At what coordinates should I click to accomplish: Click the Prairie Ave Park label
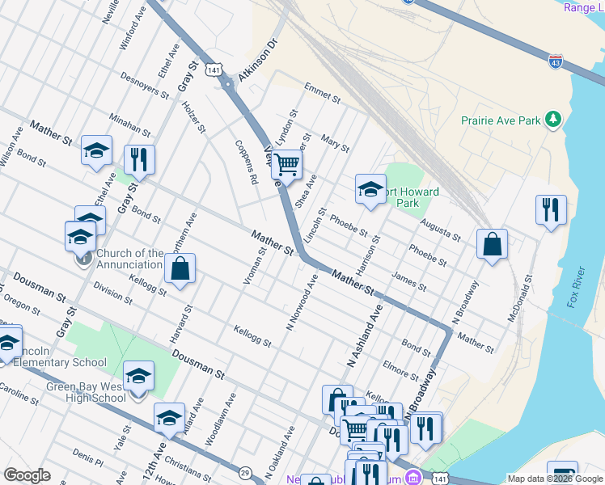pyautogui.click(x=501, y=120)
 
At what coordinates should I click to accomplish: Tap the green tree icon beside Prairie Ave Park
pyautogui.click(x=553, y=120)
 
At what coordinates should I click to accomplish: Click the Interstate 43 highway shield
pyautogui.click(x=554, y=61)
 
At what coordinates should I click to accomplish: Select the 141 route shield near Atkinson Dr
pyautogui.click(x=214, y=70)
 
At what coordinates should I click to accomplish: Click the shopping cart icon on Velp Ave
pyautogui.click(x=286, y=165)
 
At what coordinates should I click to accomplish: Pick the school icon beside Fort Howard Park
pyautogui.click(x=370, y=189)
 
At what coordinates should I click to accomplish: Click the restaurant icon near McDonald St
pyautogui.click(x=551, y=209)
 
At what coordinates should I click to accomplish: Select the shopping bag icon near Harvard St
pyautogui.click(x=180, y=268)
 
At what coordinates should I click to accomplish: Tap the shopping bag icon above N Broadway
pyautogui.click(x=492, y=243)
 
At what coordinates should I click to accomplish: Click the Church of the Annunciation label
pyautogui.click(x=129, y=259)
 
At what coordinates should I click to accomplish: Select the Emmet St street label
pyautogui.click(x=322, y=92)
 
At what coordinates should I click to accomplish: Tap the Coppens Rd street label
pyautogui.click(x=246, y=161)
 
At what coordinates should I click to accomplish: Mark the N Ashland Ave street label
pyautogui.click(x=364, y=335)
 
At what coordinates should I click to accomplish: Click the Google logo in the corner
pyautogui.click(x=27, y=475)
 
